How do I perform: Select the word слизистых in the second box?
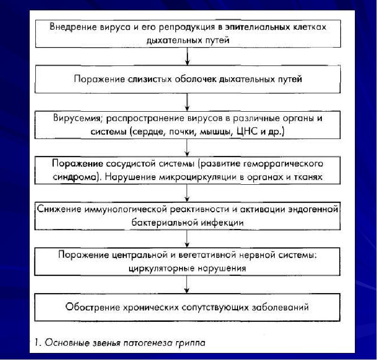tap(147, 79)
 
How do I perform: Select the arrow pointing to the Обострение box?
tap(188, 284)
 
